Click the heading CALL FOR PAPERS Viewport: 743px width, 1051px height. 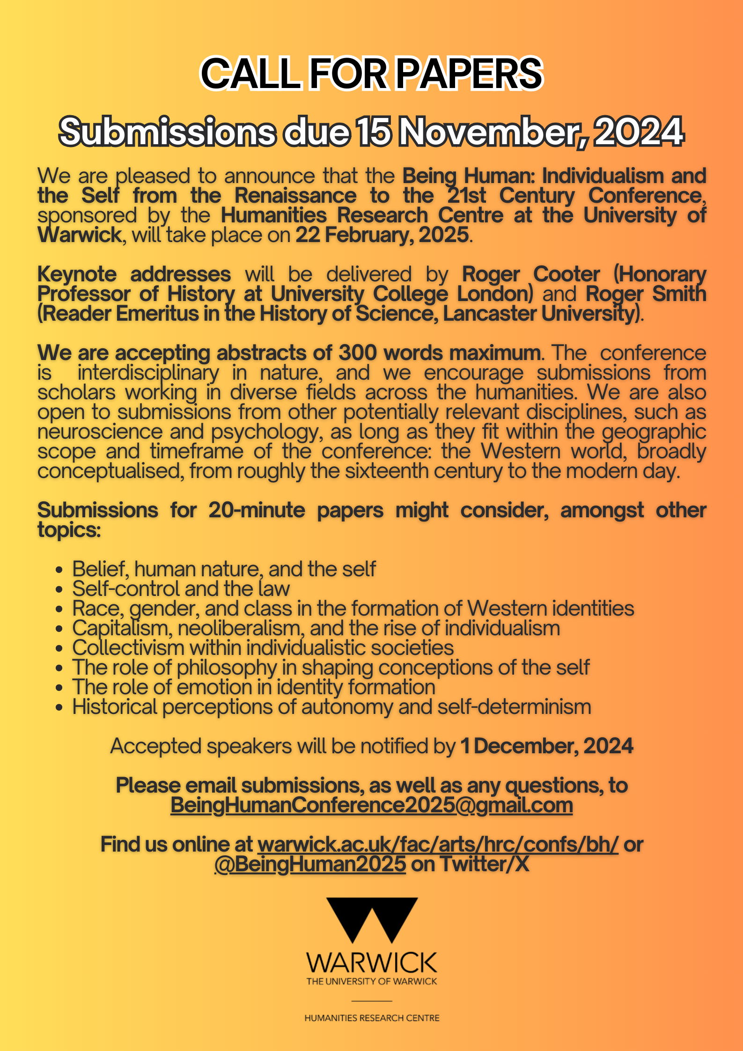371,73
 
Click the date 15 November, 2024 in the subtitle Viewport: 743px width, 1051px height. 519,132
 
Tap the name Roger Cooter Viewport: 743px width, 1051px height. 531,274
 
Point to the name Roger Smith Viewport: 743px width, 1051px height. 646,294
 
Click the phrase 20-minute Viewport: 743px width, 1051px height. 257,510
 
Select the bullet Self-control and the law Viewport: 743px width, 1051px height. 181,589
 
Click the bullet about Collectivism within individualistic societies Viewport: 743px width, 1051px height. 263,648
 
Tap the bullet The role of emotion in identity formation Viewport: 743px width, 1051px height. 253,687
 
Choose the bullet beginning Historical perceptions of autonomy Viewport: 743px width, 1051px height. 331,707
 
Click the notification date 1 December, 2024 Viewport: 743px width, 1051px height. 546,746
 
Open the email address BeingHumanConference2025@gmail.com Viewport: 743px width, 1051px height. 371,805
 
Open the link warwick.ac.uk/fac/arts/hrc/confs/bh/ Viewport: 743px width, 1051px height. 438,845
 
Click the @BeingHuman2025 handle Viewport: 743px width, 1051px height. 310,864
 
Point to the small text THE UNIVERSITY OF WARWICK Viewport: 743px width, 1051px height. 371,981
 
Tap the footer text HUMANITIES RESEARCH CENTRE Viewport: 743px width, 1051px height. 372,1018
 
